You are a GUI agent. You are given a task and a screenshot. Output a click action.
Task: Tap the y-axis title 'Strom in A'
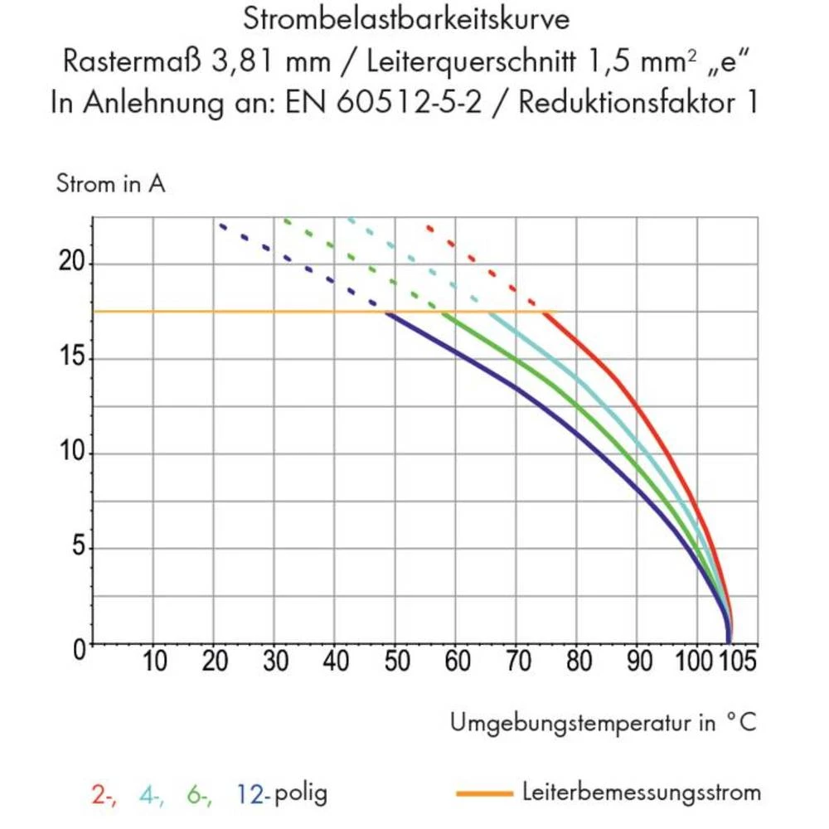[x=110, y=184]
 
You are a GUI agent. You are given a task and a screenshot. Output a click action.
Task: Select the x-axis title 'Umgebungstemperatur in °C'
[x=603, y=722]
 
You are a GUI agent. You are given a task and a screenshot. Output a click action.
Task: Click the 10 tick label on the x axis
[x=154, y=662]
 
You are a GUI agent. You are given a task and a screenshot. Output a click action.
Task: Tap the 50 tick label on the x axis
[x=396, y=662]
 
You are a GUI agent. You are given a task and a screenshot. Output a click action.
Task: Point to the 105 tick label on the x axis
[x=735, y=662]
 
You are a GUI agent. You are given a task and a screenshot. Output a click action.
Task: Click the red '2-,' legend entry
[x=103, y=793]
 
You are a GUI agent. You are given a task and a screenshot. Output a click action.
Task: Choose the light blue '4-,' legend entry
[x=152, y=793]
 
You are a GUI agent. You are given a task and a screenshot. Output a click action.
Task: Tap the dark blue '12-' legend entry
[x=253, y=793]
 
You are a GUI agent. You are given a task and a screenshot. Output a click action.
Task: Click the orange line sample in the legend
[x=484, y=793]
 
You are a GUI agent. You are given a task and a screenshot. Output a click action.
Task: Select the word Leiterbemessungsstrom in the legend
[x=642, y=793]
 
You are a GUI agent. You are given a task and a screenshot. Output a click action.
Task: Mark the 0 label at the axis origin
[x=78, y=649]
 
